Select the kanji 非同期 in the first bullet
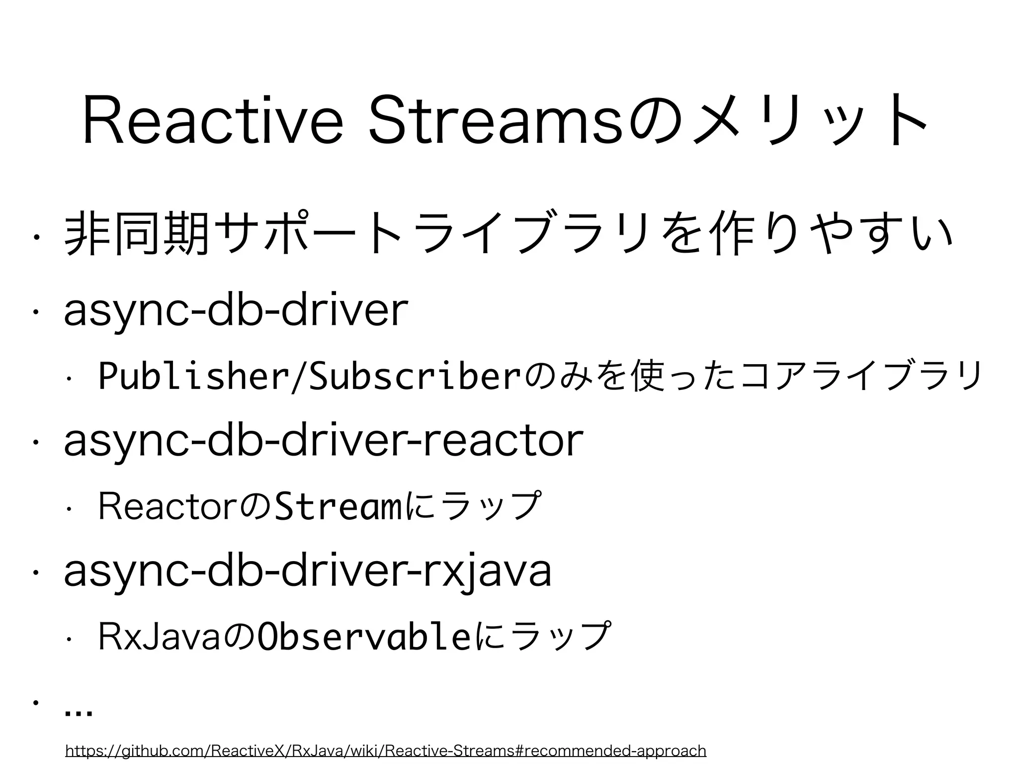click(136, 232)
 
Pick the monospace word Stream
click(339, 506)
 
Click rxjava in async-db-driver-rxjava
click(487, 572)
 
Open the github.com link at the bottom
click(385, 750)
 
